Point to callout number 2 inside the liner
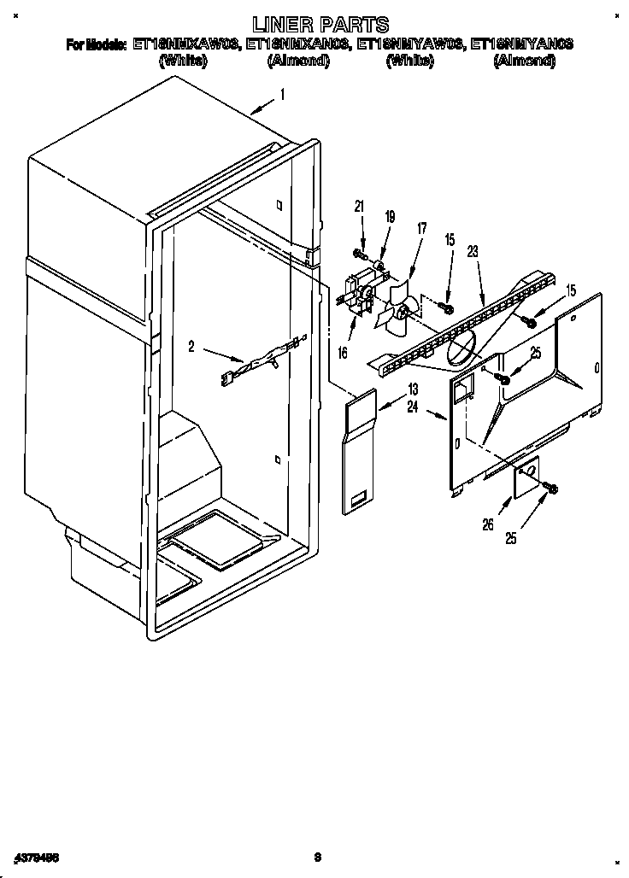192,346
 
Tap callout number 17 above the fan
421,228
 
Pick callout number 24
413,407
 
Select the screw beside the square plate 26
550,488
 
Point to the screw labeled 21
359,254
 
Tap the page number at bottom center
316,856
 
